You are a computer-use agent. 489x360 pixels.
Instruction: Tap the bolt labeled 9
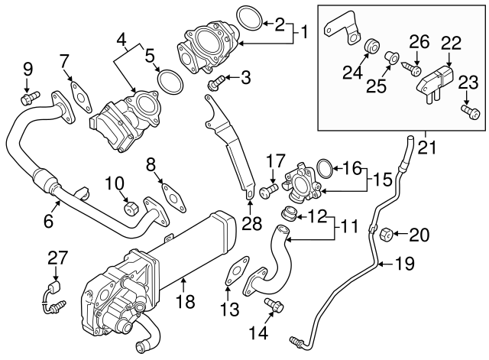pyautogui.click(x=30, y=98)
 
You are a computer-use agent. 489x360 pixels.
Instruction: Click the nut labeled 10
pyautogui.click(x=131, y=207)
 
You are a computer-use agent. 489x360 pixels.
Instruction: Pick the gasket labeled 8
pyautogui.click(x=173, y=196)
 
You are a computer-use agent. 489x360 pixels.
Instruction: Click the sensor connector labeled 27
pyautogui.click(x=50, y=297)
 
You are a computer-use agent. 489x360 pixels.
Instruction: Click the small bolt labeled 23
pyautogui.click(x=470, y=113)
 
